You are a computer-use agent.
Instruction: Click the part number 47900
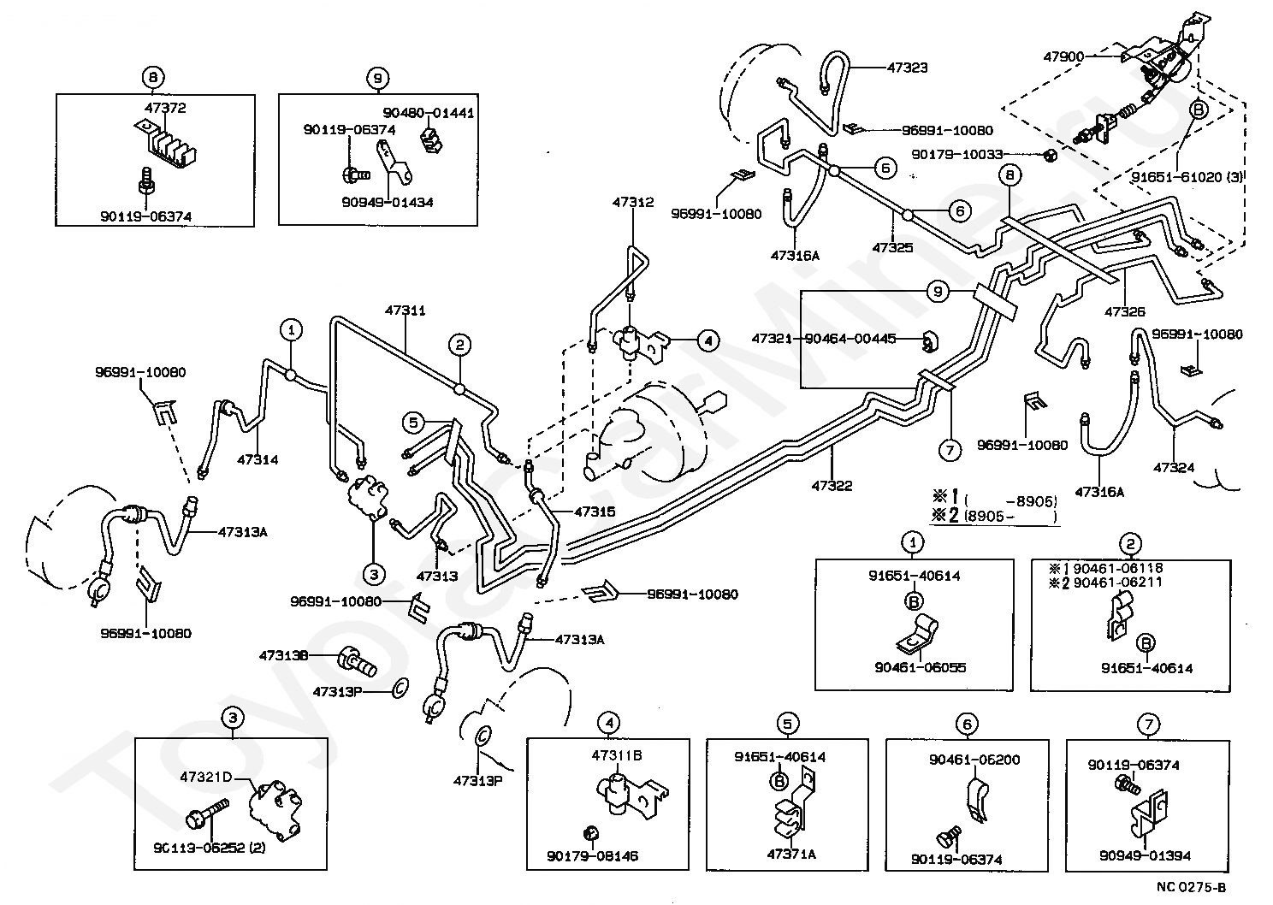(x=1063, y=56)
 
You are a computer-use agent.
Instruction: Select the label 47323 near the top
(x=907, y=68)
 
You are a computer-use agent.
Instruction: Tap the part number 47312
(x=633, y=202)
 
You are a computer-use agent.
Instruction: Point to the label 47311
(x=406, y=311)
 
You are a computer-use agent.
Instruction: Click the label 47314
(x=258, y=459)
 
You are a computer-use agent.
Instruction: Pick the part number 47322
(x=832, y=486)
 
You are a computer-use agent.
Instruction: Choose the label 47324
(x=1174, y=468)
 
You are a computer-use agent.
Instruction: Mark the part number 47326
(x=1125, y=311)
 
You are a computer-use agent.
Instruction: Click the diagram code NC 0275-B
(x=1191, y=887)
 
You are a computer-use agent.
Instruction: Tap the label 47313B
(x=283, y=655)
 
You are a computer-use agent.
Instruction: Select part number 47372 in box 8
(x=165, y=108)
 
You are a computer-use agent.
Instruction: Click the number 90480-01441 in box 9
(x=428, y=113)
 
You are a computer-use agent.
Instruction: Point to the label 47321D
(x=205, y=777)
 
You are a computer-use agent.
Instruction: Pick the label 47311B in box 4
(x=617, y=755)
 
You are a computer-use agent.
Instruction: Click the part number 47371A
(x=791, y=854)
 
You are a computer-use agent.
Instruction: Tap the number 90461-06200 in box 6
(x=974, y=760)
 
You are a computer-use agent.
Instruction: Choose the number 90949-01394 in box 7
(x=1145, y=855)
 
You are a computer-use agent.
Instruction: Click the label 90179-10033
(x=957, y=155)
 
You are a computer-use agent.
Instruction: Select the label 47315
(x=595, y=512)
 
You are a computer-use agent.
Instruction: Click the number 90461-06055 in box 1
(x=920, y=667)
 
